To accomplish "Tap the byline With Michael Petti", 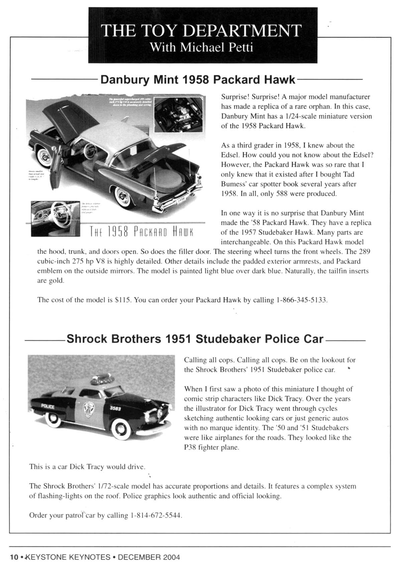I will (x=202, y=47).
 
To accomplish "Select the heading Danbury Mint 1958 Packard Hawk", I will (x=198, y=80).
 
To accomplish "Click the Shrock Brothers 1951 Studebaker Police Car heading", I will (x=195, y=339).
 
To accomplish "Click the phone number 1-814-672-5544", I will (x=157, y=515).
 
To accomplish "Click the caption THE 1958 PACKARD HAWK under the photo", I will (x=142, y=231).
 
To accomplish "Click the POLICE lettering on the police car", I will (x=47, y=406).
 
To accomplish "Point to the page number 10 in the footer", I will (x=14, y=557).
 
